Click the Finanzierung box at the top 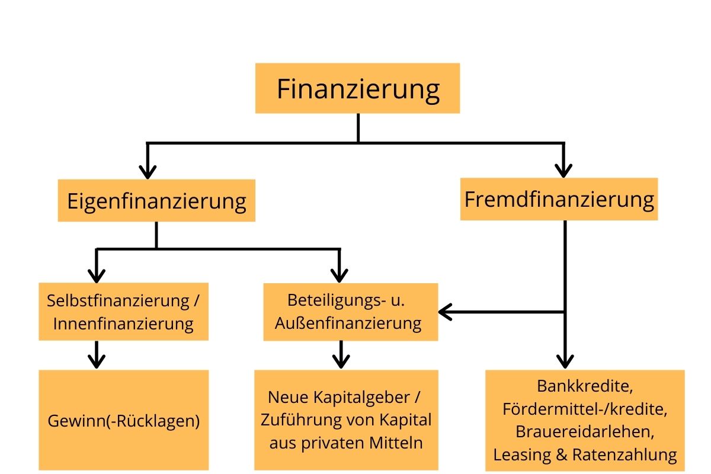pyautogui.click(x=358, y=89)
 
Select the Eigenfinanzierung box pyautogui.click(x=156, y=201)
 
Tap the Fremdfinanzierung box pyautogui.click(x=559, y=199)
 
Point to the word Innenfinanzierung pyautogui.click(x=123, y=324)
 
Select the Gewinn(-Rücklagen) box pyautogui.click(x=123, y=421)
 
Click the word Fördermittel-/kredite pyautogui.click(x=585, y=409)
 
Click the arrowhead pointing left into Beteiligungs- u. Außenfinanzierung pyautogui.click(x=444, y=311)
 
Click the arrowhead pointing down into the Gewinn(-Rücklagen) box pyautogui.click(x=97, y=361)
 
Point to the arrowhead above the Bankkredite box pyautogui.click(x=563, y=361)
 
